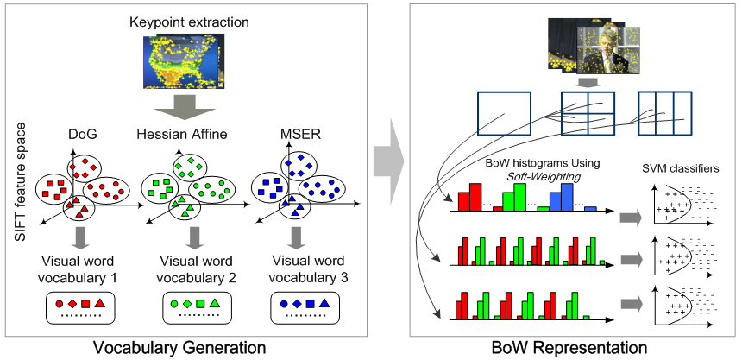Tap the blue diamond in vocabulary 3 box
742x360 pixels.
(x=295, y=304)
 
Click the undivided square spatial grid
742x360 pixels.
(x=506, y=113)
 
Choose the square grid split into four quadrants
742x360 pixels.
(x=586, y=113)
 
